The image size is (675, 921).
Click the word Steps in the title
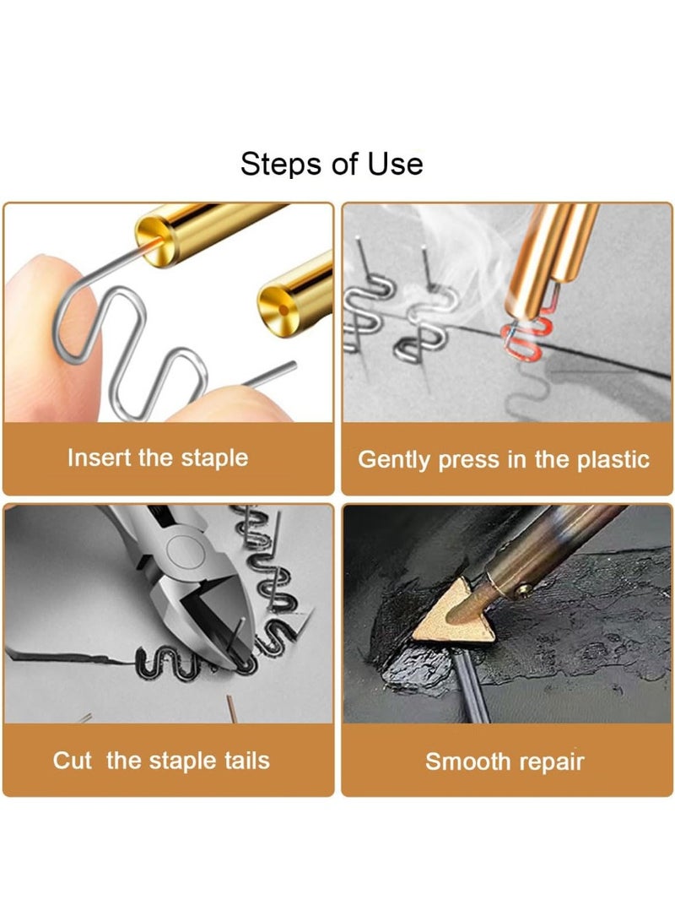click(x=275, y=163)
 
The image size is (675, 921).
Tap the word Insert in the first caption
click(x=100, y=458)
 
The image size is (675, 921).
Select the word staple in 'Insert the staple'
click(x=214, y=458)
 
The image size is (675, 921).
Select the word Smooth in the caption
click(x=464, y=762)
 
